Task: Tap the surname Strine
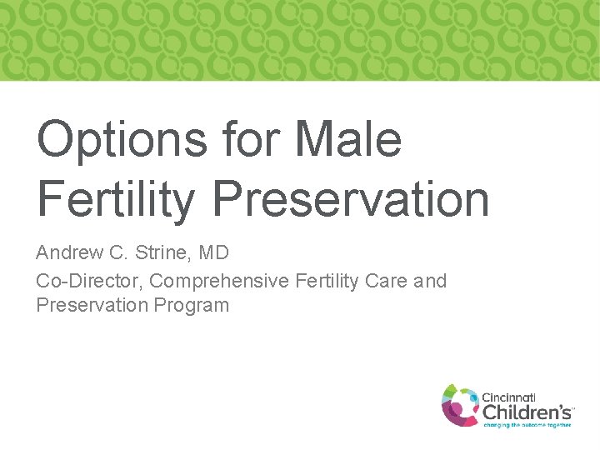coord(157,252)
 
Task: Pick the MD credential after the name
coord(212,252)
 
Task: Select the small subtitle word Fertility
coord(327,282)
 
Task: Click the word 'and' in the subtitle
coord(430,282)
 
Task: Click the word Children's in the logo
coord(527,412)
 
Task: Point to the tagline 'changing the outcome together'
coord(527,425)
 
